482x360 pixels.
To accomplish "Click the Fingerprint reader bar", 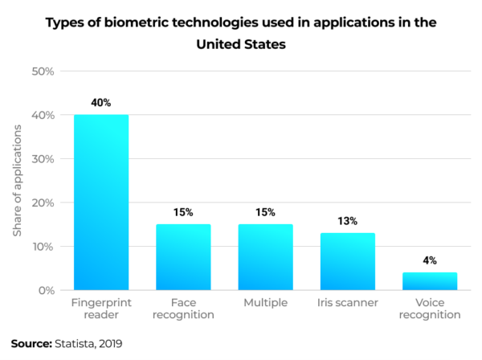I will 101,202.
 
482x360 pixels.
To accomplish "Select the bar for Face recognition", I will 183,257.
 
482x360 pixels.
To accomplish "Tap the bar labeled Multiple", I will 265,257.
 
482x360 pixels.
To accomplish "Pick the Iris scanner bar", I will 347,261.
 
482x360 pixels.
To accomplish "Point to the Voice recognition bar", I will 429,281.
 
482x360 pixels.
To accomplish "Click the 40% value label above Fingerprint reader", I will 101,103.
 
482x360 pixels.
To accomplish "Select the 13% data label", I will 347,221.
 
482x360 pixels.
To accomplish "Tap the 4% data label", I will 429,260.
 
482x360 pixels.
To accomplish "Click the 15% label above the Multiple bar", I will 265,212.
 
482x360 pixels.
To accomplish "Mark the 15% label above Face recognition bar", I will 183,212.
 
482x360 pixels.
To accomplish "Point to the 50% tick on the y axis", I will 42,72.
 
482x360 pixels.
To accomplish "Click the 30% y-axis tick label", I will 42,159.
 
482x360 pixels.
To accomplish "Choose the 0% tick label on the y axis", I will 45,290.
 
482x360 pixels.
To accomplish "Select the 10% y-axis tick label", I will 42,247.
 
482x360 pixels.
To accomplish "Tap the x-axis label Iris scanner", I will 347,303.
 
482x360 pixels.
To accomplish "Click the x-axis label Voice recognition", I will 429,309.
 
